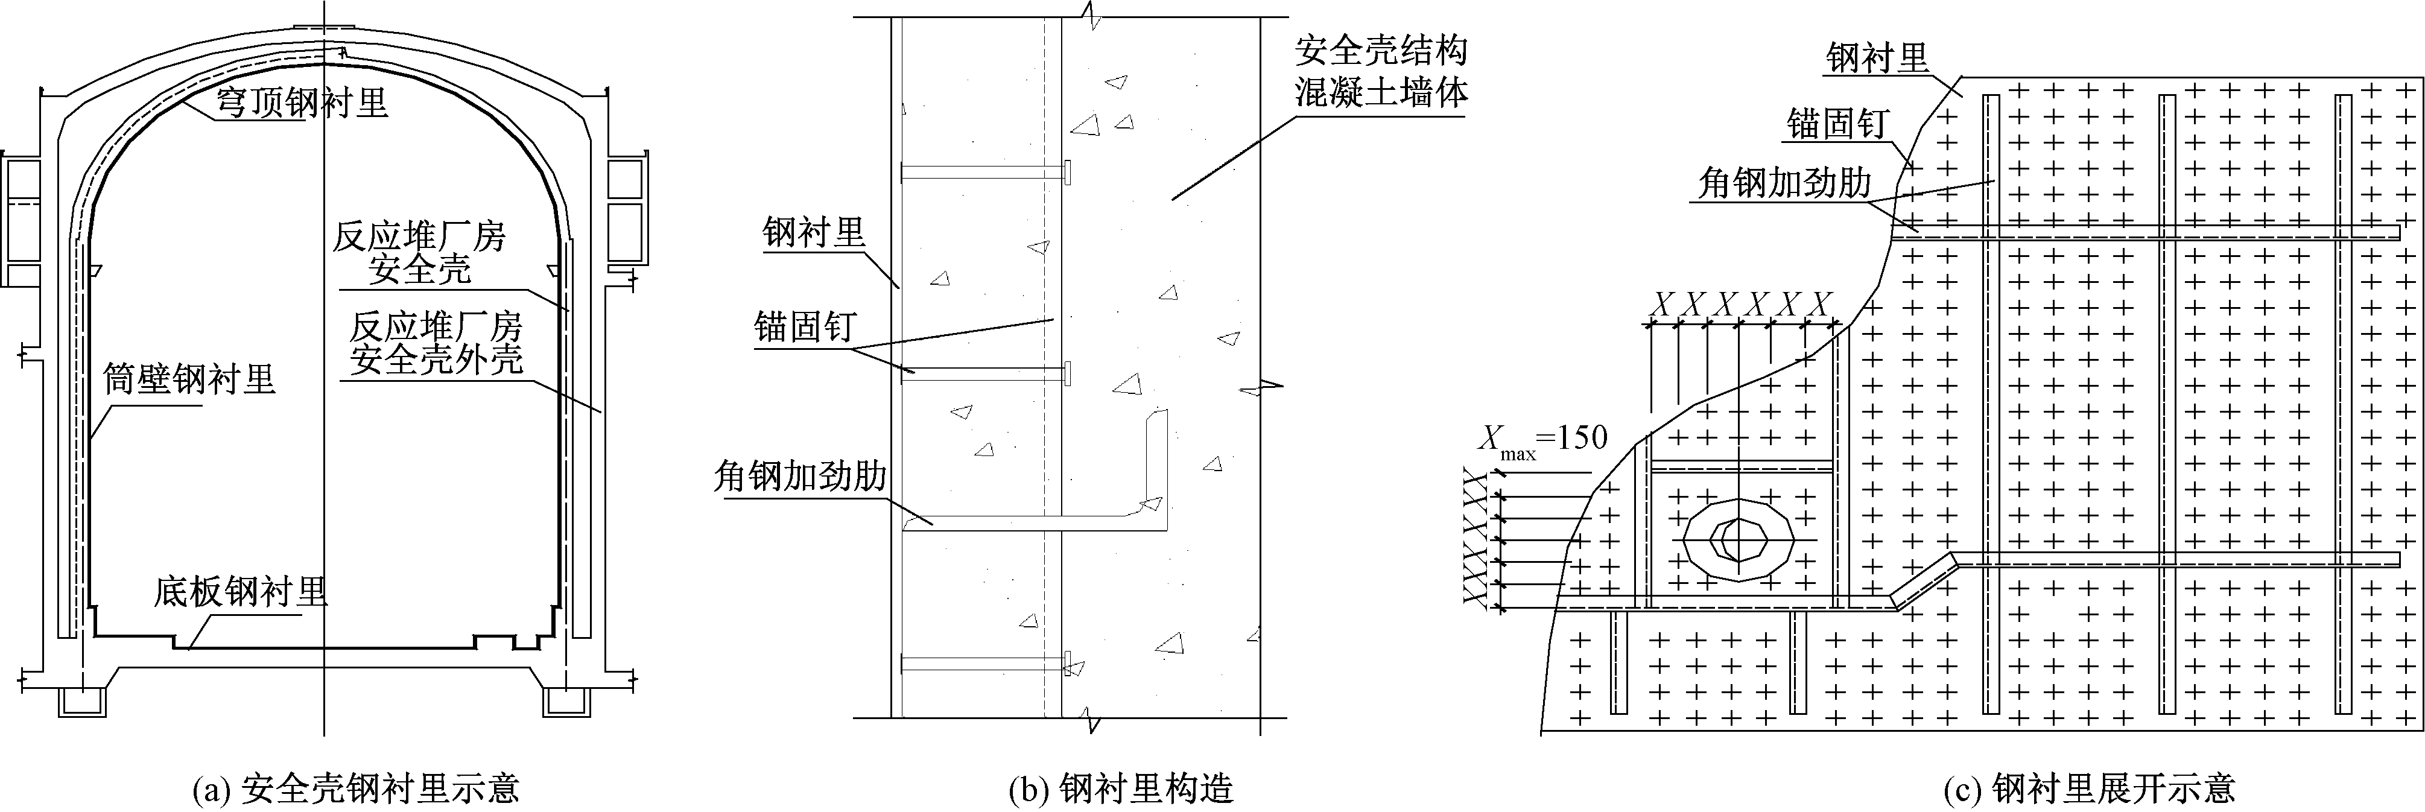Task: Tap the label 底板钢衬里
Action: [241, 593]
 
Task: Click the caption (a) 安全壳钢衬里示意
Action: [356, 787]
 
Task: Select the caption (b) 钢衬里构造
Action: [1120, 787]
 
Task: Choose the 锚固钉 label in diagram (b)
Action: [804, 328]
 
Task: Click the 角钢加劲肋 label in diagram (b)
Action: [800, 477]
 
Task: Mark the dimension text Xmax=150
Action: [1542, 439]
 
